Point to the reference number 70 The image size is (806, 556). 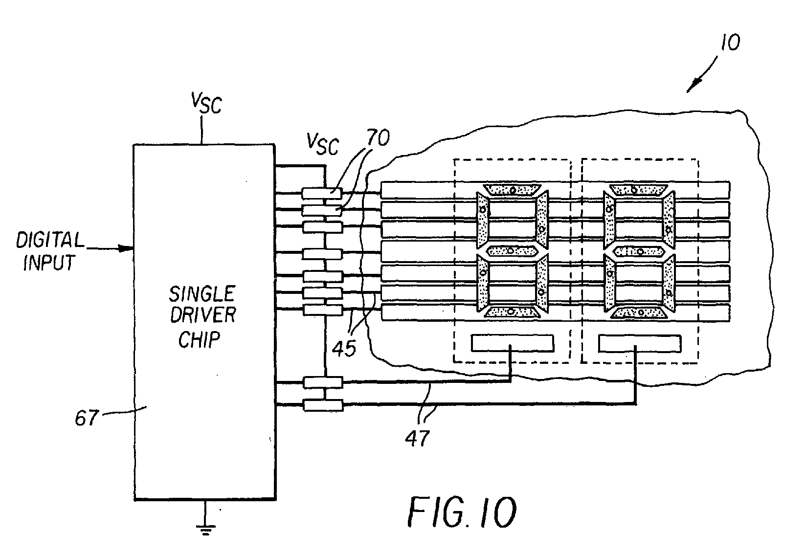coord(377,139)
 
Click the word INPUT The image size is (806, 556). coord(48,263)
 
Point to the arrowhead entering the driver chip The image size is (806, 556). coord(128,248)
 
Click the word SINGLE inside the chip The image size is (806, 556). coord(201,294)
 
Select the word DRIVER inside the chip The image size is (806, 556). coord(202,315)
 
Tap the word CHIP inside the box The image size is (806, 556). coord(199,339)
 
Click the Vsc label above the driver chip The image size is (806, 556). coord(206,104)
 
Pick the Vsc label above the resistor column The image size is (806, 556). coord(322,143)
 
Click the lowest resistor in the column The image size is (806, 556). coord(323,405)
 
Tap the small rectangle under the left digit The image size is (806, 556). coord(512,343)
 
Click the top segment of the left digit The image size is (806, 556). coord(512,189)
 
